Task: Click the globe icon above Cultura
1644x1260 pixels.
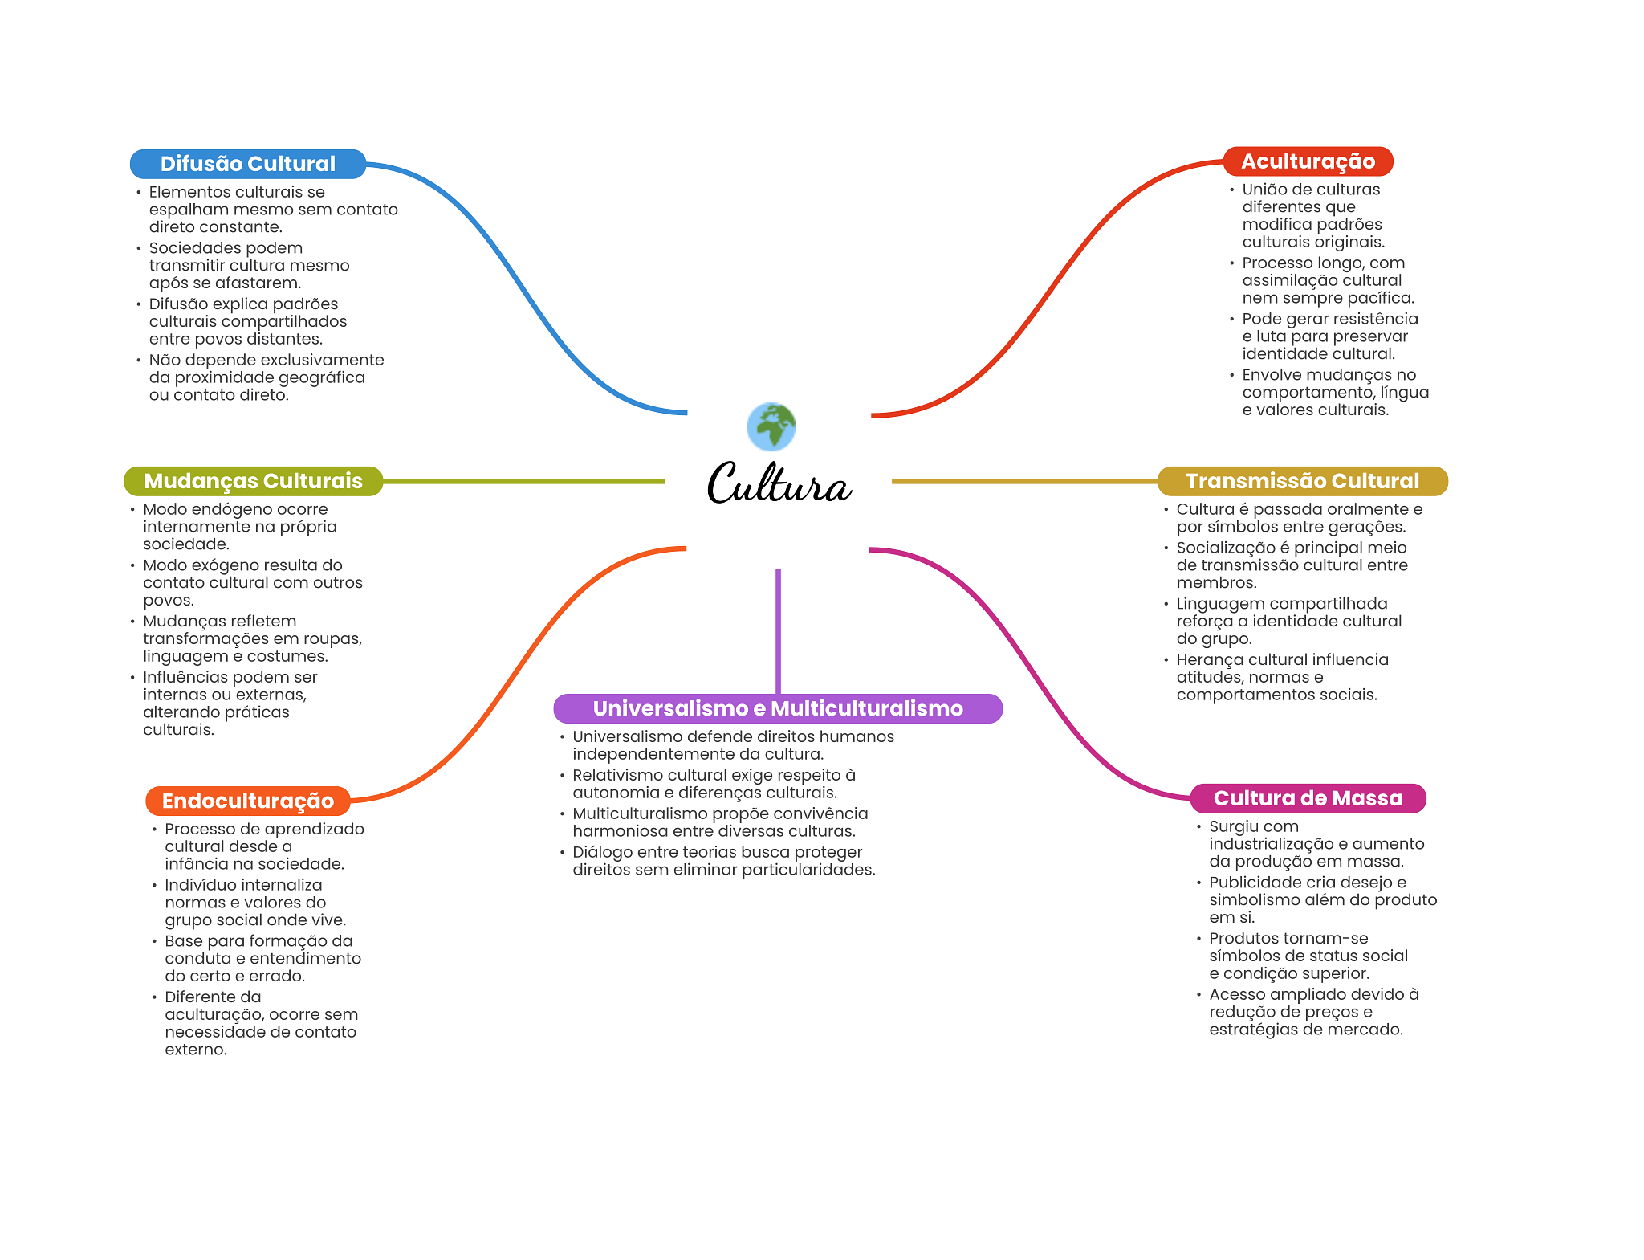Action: (771, 426)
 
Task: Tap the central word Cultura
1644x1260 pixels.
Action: (778, 483)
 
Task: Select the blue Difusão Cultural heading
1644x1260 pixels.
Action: (248, 164)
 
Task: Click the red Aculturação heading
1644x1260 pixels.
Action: (1308, 161)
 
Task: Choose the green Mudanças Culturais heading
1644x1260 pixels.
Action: (253, 481)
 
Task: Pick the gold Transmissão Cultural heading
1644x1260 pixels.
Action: (1302, 481)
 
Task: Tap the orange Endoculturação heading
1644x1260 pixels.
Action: (248, 801)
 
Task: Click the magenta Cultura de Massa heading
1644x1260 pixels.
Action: (1308, 798)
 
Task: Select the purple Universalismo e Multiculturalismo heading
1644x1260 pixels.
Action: (778, 708)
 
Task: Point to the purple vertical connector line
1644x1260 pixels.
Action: (778, 631)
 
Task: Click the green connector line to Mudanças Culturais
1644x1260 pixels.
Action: (523, 481)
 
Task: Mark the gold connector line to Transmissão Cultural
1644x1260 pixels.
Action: (1025, 481)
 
